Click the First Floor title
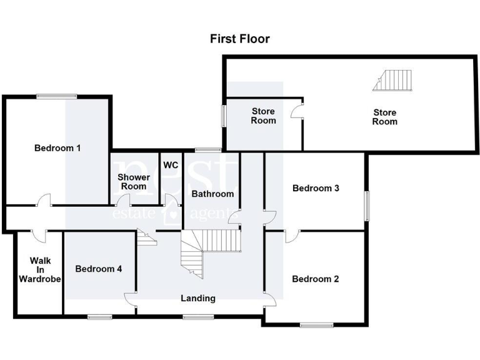coord(240,39)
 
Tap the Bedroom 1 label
coord(57,148)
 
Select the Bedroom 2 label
coord(316,279)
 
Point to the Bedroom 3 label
coord(316,188)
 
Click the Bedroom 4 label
coord(98,269)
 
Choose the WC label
coord(171,166)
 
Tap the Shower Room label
coord(134,182)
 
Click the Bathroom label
coord(212,194)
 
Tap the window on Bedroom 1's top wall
coord(56,96)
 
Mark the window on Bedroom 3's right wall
coord(367,205)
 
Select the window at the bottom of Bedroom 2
coord(316,324)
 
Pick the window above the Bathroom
coord(207,150)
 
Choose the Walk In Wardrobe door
coord(39,235)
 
